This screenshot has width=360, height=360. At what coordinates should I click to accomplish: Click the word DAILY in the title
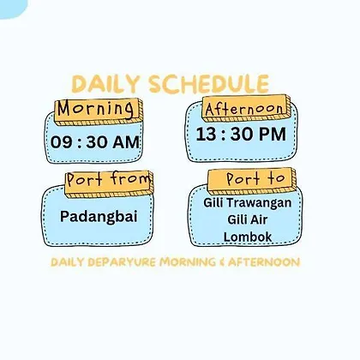pyautogui.click(x=105, y=85)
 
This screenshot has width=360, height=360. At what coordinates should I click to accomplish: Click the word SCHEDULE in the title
pyautogui.click(x=209, y=84)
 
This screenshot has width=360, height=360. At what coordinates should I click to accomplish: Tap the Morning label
pyautogui.click(x=96, y=109)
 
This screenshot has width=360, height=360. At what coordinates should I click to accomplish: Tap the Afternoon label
pyautogui.click(x=244, y=109)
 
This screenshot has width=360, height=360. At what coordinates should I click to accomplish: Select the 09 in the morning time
pyautogui.click(x=62, y=142)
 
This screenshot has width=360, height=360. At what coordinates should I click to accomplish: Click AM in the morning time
pyautogui.click(x=126, y=142)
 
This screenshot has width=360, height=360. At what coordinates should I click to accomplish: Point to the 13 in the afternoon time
pyautogui.click(x=206, y=134)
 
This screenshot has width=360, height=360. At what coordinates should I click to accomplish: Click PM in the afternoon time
pyautogui.click(x=272, y=134)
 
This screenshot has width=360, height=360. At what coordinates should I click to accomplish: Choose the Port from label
pyautogui.click(x=109, y=179)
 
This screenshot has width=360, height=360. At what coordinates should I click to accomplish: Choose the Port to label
pyautogui.click(x=256, y=179)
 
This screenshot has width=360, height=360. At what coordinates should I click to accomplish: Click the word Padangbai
pyautogui.click(x=99, y=216)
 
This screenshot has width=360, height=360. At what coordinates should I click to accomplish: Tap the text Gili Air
pyautogui.click(x=248, y=219)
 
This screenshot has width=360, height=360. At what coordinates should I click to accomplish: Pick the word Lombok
pyautogui.click(x=248, y=237)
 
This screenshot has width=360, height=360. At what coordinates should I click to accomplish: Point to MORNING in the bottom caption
pyautogui.click(x=188, y=262)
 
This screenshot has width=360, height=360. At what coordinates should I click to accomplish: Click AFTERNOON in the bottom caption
pyautogui.click(x=264, y=262)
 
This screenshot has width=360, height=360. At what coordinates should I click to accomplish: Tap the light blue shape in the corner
pyautogui.click(x=12, y=8)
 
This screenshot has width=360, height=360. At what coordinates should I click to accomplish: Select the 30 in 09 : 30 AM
pyautogui.click(x=97, y=142)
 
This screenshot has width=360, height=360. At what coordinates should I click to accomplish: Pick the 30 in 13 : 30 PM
pyautogui.click(x=242, y=134)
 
